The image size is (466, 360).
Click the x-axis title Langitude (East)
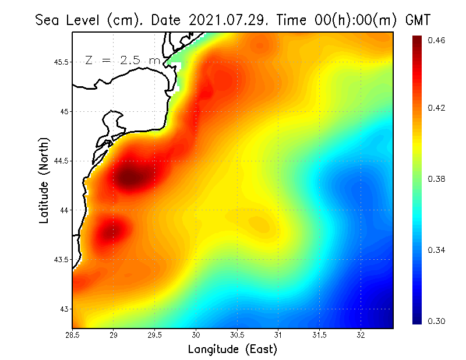(232, 350)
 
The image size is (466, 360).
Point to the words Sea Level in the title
(69, 20)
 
